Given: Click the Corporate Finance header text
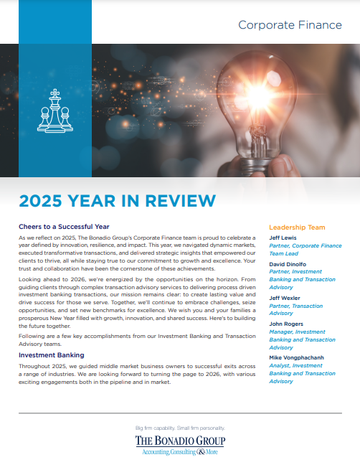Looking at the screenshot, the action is pyautogui.click(x=290, y=25).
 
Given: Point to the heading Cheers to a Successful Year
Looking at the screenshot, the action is pyautogui.click(x=65, y=227).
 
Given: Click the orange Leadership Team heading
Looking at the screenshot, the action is pyautogui.click(x=297, y=227).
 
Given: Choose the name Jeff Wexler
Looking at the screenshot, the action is pyautogui.click(x=285, y=297).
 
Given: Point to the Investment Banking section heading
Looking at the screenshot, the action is pyautogui.click(x=52, y=354).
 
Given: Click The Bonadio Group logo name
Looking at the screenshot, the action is pyautogui.click(x=179, y=440).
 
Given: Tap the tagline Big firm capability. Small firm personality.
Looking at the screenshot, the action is pyautogui.click(x=179, y=428).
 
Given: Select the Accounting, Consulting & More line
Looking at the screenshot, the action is pyautogui.click(x=179, y=451).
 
